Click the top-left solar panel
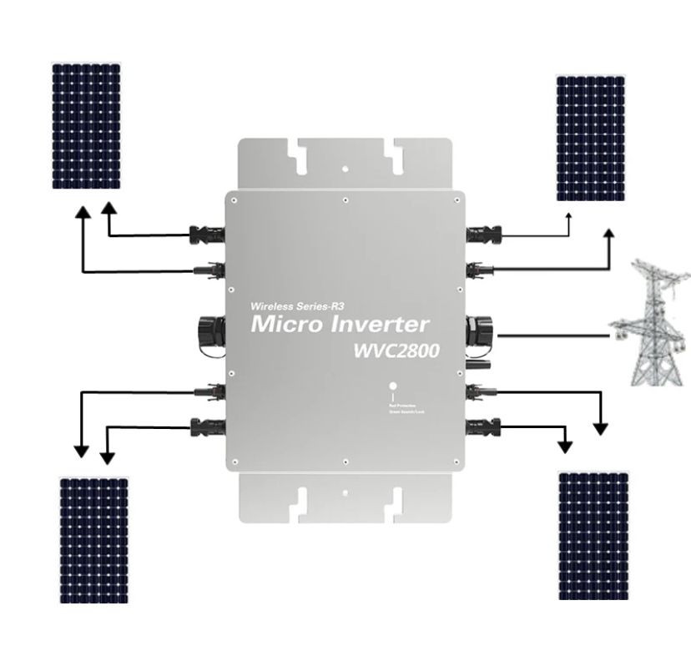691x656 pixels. [x=86, y=125]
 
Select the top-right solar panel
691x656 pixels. [x=590, y=138]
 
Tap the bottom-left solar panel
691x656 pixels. [x=93, y=539]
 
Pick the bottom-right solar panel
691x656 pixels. [x=593, y=535]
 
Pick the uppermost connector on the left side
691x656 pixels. [x=207, y=235]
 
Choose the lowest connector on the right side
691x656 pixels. [x=482, y=429]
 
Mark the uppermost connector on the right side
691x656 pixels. [x=483, y=234]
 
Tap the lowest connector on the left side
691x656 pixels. [x=207, y=428]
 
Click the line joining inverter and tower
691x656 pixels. [x=551, y=336]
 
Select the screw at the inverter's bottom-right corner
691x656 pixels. [x=456, y=461]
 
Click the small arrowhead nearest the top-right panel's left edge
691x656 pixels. [x=568, y=218]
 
